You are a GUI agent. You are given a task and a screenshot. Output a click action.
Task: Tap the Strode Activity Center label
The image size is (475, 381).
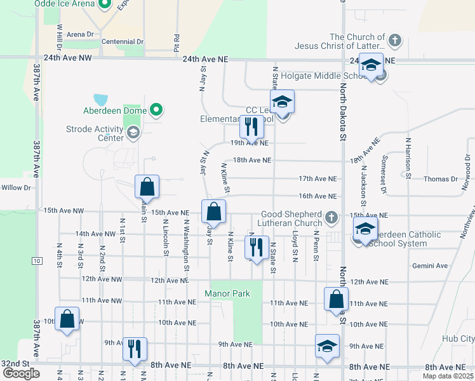click(95, 133)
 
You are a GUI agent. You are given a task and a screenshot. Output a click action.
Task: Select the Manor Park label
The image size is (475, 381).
click(227, 293)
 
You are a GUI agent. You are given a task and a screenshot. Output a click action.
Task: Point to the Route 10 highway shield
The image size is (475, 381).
click(37, 262)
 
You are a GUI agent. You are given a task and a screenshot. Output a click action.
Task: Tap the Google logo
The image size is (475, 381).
click(22, 373)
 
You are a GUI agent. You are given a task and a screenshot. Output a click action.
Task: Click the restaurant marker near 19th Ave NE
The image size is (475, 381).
click(252, 127)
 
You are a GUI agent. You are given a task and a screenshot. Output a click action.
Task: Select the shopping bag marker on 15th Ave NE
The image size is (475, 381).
click(214, 212)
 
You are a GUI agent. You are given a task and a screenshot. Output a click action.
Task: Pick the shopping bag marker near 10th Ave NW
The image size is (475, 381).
click(67, 319)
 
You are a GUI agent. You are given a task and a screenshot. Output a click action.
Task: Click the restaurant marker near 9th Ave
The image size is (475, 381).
click(135, 349)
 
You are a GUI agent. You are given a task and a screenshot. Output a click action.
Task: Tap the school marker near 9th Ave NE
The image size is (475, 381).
click(327, 347)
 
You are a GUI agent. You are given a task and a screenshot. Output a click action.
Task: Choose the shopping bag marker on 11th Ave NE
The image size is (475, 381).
click(336, 300)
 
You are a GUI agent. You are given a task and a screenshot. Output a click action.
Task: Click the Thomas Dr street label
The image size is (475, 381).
click(441, 179)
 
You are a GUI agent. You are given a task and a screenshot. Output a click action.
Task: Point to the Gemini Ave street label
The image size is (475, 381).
click(430, 265)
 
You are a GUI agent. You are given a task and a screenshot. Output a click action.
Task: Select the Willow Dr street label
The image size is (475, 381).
click(16, 187)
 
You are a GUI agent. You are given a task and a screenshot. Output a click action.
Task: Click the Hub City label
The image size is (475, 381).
click(458, 338)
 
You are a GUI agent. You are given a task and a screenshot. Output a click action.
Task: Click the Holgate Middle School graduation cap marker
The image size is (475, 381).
click(371, 65)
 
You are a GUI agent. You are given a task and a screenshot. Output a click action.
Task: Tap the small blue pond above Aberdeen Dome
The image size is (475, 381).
click(100, 100)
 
